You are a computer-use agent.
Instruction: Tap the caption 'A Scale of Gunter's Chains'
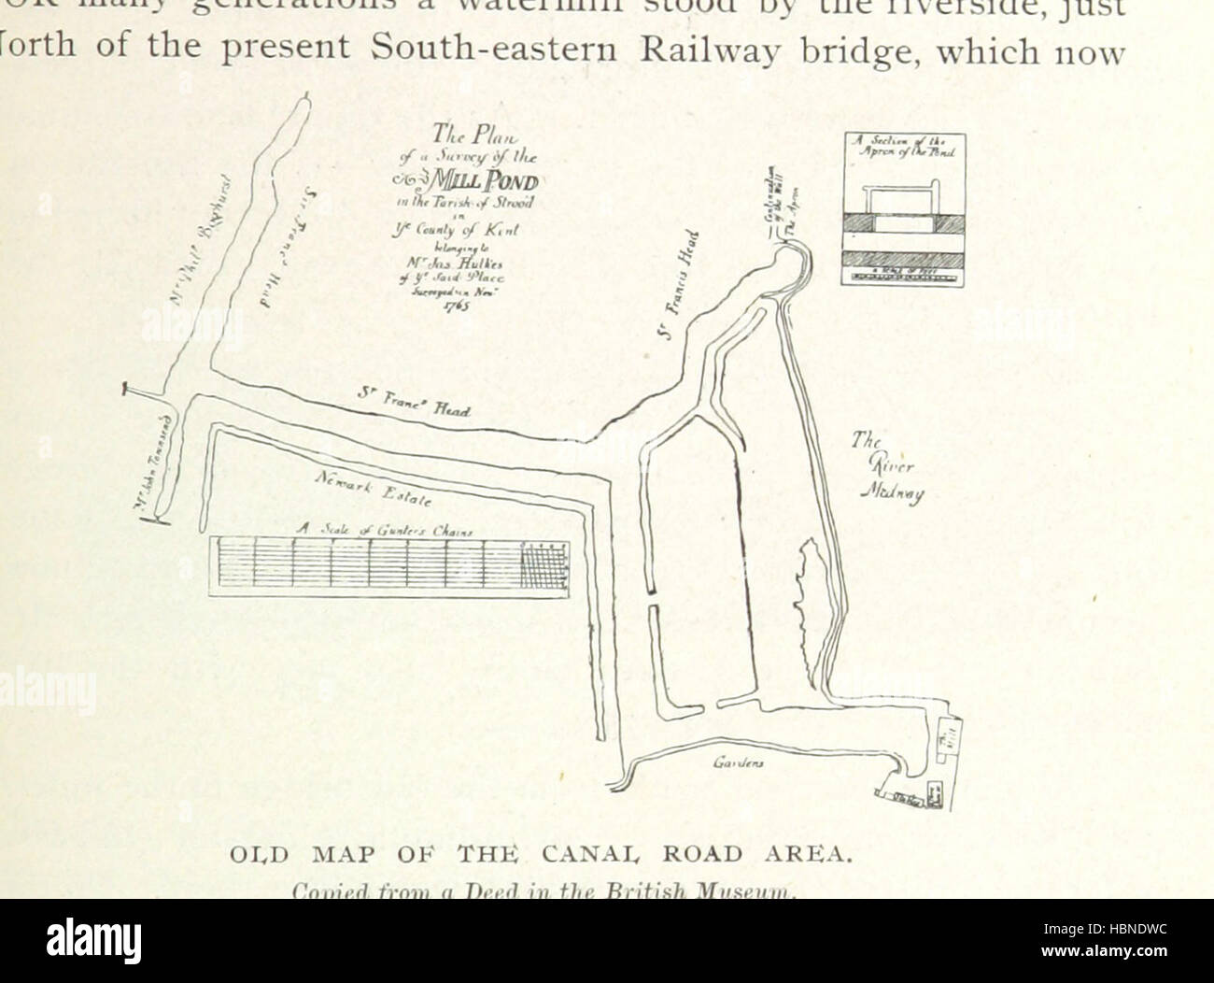coord(385,530)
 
